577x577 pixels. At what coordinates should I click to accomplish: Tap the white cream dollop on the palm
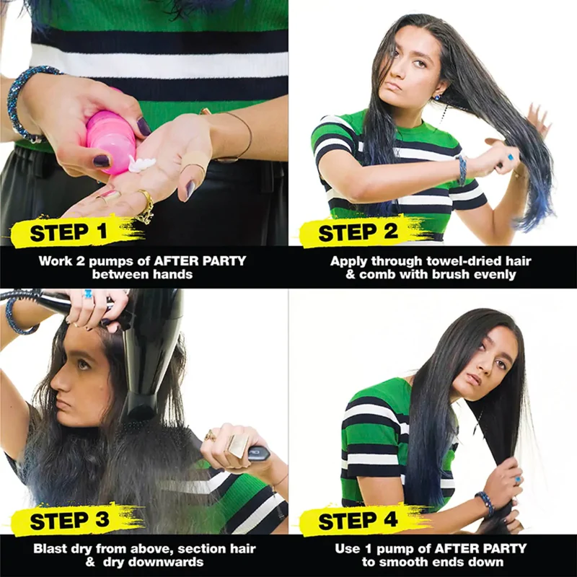(141, 164)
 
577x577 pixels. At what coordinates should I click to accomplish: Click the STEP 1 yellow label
(70, 232)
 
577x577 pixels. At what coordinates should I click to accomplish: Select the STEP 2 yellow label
(358, 232)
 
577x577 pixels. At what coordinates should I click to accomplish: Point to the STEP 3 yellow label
(70, 520)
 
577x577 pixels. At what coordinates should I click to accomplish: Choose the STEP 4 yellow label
(358, 520)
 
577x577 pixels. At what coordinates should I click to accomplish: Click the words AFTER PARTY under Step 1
(200, 261)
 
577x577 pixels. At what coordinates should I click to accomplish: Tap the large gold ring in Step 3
(237, 445)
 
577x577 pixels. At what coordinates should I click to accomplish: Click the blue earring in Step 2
(437, 98)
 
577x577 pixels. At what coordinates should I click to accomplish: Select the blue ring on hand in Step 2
(511, 157)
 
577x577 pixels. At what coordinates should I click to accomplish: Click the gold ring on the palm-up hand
(146, 206)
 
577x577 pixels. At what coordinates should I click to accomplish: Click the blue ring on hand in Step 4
(518, 480)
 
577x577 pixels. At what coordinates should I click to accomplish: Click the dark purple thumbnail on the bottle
(143, 127)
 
